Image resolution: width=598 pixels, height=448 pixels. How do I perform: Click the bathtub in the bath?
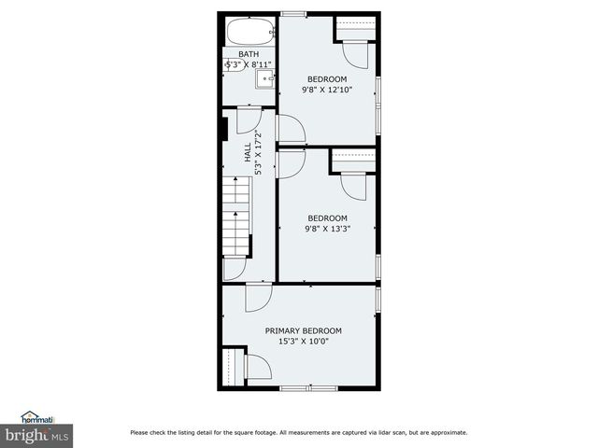point(249,31)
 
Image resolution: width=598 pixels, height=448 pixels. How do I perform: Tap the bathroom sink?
point(264,79)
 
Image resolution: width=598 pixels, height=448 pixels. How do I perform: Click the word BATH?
point(249,54)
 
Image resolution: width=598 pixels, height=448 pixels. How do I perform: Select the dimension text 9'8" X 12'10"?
point(326,90)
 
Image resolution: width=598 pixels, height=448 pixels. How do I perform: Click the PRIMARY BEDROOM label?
point(303,330)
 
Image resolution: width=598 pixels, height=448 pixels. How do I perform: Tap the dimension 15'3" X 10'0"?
point(303,342)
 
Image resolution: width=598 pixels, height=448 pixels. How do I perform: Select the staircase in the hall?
point(238,218)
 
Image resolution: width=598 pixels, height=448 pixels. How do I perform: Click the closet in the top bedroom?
point(356,31)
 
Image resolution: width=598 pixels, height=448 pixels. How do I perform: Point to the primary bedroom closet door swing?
point(257,366)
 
